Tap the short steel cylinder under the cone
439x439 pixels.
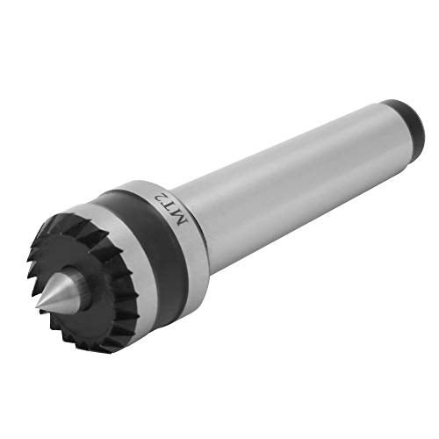click(82, 281)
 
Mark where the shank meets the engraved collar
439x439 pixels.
click(204, 211)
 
